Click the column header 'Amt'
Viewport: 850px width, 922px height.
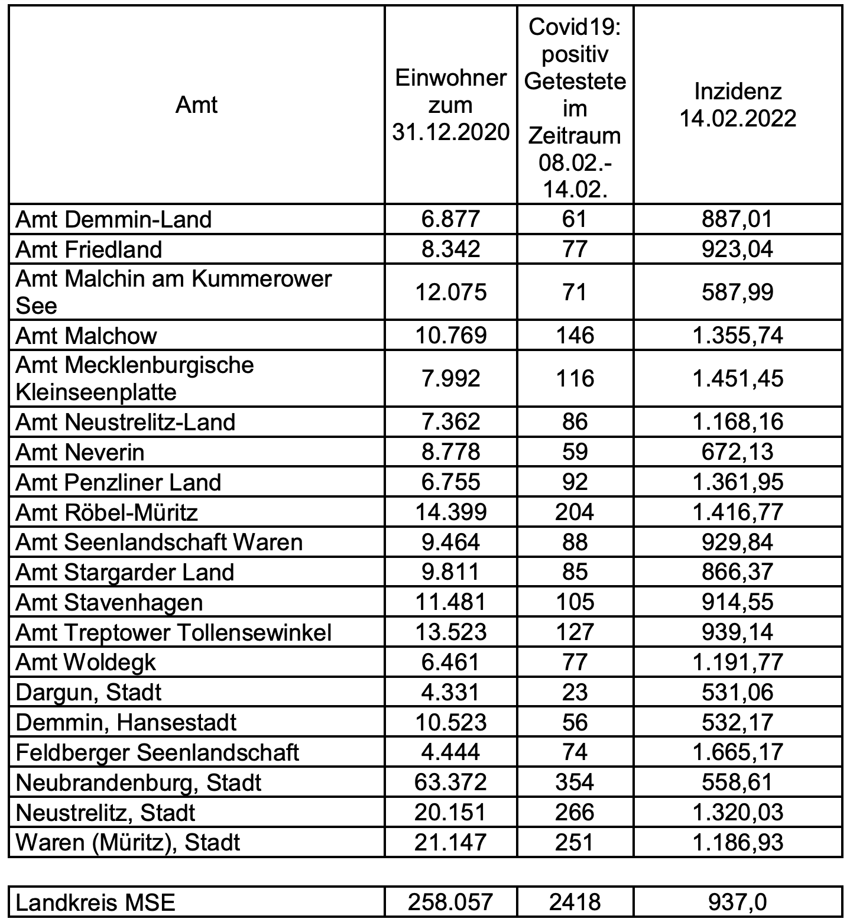tap(197, 105)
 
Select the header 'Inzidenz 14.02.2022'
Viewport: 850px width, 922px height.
tap(737, 105)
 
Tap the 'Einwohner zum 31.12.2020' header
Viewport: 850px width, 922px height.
tap(450, 105)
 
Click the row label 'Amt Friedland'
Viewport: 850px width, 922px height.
tap(89, 249)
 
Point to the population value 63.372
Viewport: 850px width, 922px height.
tap(450, 783)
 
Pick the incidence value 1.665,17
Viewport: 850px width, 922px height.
tap(737, 752)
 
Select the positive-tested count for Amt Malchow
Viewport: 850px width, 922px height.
tap(575, 336)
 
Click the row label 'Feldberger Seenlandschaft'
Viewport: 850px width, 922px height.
tap(157, 752)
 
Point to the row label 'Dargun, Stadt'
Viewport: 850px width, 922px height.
tap(89, 692)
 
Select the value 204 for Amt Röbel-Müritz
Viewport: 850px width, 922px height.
tap(575, 512)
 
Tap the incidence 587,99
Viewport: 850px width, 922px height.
tap(737, 293)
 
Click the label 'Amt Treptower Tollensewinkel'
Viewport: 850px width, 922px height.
tap(173, 632)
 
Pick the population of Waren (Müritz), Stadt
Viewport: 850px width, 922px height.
tap(450, 842)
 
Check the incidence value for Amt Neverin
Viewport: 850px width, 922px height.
tap(737, 452)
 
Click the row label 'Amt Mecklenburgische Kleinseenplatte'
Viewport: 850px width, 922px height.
tap(135, 379)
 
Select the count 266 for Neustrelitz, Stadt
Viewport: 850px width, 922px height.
tap(575, 813)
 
